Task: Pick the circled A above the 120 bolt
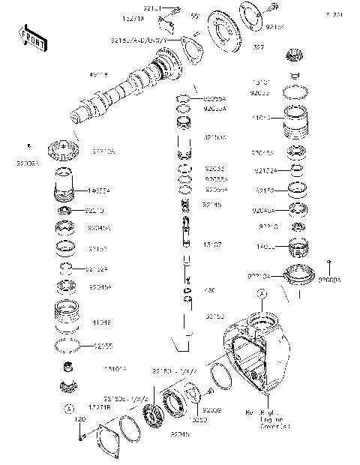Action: pos(67,409)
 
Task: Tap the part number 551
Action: pos(193,16)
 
